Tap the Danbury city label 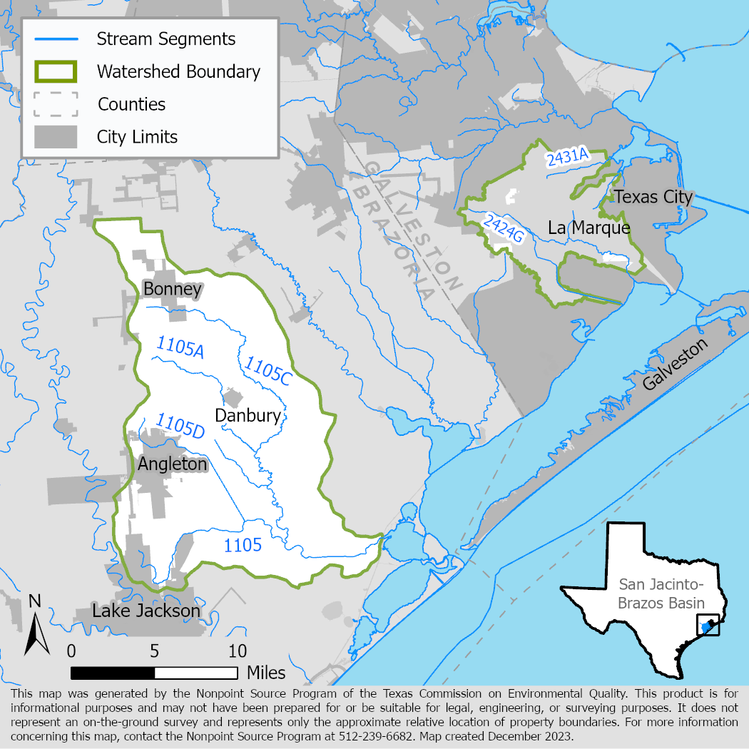click(248, 415)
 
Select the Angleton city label click(172, 464)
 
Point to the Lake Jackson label click(146, 611)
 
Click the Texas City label click(653, 197)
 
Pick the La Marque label click(589, 228)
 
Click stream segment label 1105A click(180, 348)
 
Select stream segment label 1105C click(267, 372)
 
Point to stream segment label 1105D click(180, 424)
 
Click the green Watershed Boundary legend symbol click(55, 71)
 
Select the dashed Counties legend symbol click(55, 104)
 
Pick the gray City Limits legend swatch click(55, 136)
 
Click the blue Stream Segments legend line click(55, 39)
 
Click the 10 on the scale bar click(238, 651)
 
